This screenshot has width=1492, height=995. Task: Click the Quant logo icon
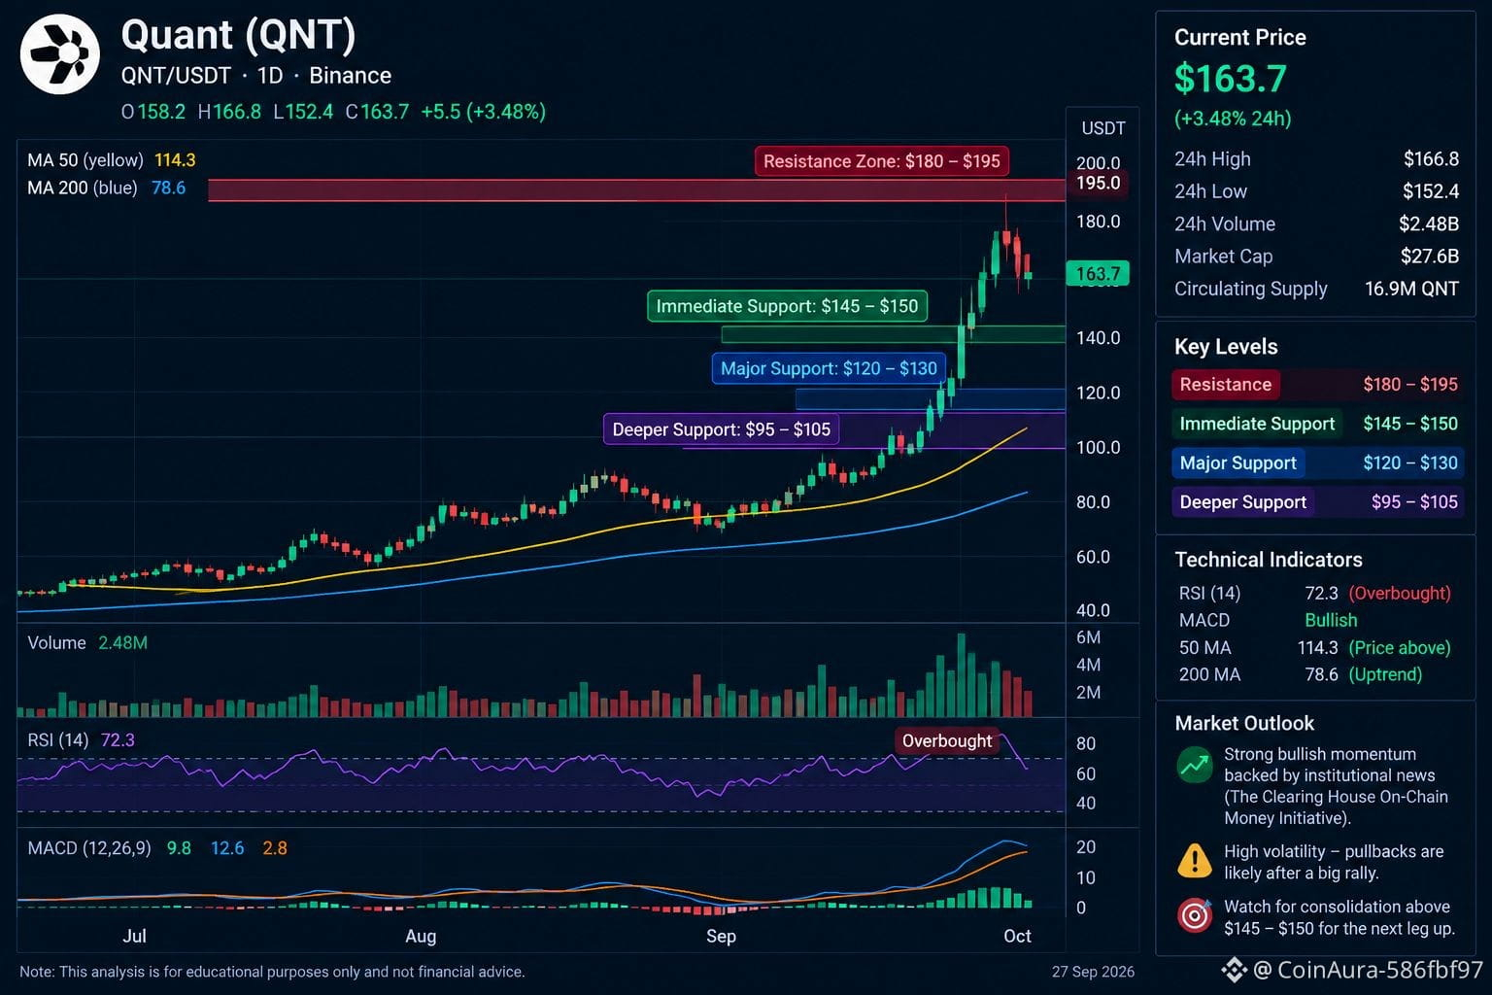click(x=60, y=54)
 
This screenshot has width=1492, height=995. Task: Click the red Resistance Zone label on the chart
click(x=881, y=161)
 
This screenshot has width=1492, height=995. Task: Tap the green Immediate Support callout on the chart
click(x=787, y=306)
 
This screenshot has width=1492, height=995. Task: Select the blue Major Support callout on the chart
click(x=829, y=368)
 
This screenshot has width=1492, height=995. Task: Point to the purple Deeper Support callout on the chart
click(x=722, y=429)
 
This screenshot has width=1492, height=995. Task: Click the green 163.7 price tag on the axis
click(x=1098, y=273)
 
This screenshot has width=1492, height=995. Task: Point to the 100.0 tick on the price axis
click(x=1098, y=447)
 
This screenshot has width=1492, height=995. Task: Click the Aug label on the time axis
click(x=421, y=937)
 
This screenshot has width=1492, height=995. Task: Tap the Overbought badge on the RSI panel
click(x=946, y=741)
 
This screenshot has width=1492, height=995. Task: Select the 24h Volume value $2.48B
click(x=1428, y=223)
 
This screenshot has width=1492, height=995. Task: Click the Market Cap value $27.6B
click(x=1430, y=256)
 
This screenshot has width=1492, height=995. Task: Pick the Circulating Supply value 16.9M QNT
click(x=1411, y=289)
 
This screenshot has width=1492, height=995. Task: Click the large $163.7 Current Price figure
click(x=1231, y=79)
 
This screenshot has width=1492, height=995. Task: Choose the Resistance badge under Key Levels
click(x=1226, y=385)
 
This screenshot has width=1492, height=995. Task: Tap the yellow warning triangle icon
click(x=1195, y=860)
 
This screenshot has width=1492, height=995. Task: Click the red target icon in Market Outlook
click(x=1195, y=915)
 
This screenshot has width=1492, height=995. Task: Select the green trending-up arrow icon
click(x=1195, y=765)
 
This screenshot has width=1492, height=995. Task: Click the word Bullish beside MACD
click(x=1331, y=621)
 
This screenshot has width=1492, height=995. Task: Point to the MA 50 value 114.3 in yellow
click(x=175, y=160)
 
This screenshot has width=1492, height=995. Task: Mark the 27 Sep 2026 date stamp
click(x=1093, y=972)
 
